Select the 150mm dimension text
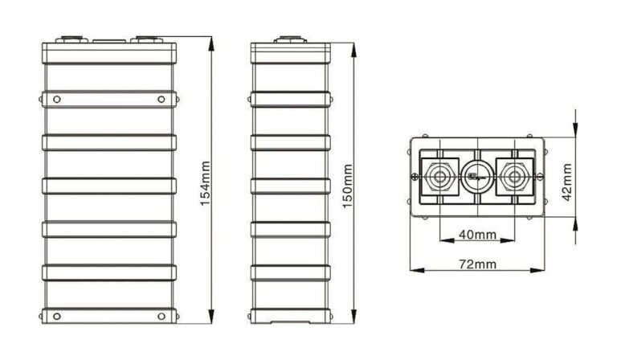point(348,186)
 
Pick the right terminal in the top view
point(515,176)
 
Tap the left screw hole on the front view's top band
point(56,99)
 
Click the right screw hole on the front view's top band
point(161,99)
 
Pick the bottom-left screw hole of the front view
point(56,314)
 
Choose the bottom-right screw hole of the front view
point(161,314)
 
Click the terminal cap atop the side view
point(290,38)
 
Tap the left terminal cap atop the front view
point(70,38)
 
